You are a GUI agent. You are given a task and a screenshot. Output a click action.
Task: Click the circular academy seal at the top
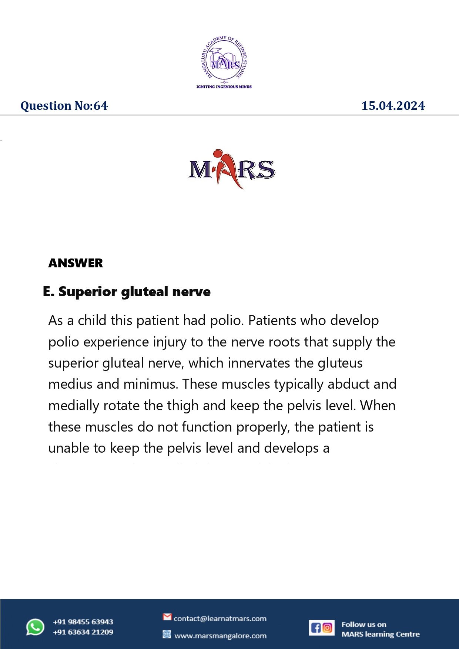tap(224, 59)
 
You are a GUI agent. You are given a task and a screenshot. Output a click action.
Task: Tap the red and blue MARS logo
tap(231, 169)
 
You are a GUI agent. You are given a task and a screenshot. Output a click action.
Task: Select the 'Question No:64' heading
tap(64, 106)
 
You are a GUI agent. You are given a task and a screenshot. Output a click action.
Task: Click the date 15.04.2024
tap(393, 106)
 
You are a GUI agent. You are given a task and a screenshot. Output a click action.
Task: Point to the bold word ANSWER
tap(76, 263)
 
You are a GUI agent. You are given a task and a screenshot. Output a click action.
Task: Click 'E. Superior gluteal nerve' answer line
tap(127, 292)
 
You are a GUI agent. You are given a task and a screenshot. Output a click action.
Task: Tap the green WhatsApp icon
tap(35, 627)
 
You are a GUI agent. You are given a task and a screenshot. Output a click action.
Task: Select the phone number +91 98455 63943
tap(83, 622)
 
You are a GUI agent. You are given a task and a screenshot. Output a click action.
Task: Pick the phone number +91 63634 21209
tap(83, 632)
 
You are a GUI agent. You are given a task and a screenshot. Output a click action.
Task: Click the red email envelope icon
tap(167, 617)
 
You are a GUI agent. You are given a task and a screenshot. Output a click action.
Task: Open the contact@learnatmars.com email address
tap(220, 618)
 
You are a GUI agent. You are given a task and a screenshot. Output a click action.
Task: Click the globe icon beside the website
tap(167, 635)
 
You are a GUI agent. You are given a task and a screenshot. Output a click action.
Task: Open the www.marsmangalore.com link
tap(220, 636)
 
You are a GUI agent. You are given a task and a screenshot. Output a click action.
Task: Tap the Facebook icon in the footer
tap(316, 628)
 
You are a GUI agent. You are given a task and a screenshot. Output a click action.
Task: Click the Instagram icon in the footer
tap(328, 628)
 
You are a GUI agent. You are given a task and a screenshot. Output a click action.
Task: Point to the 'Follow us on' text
tap(363, 624)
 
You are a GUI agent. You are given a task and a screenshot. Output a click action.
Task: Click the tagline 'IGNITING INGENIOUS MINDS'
tap(224, 87)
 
